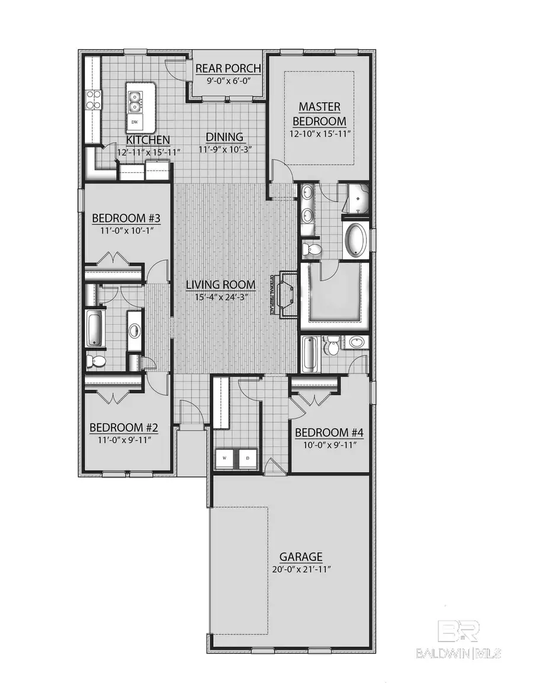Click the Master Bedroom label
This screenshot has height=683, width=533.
coord(319,114)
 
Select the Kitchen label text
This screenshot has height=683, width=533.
coord(148,140)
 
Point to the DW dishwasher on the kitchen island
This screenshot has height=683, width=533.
coord(135,122)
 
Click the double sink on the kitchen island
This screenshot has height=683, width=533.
coord(135,101)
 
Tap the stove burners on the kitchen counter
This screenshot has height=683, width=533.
coord(93,99)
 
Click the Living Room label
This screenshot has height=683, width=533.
coord(221,285)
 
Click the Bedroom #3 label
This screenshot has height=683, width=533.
coord(126,219)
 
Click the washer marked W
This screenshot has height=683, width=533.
coord(226,458)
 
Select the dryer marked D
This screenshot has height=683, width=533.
coord(248,458)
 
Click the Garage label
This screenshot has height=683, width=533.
coord(301,556)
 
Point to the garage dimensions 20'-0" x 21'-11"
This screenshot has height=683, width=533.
coord(301,569)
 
